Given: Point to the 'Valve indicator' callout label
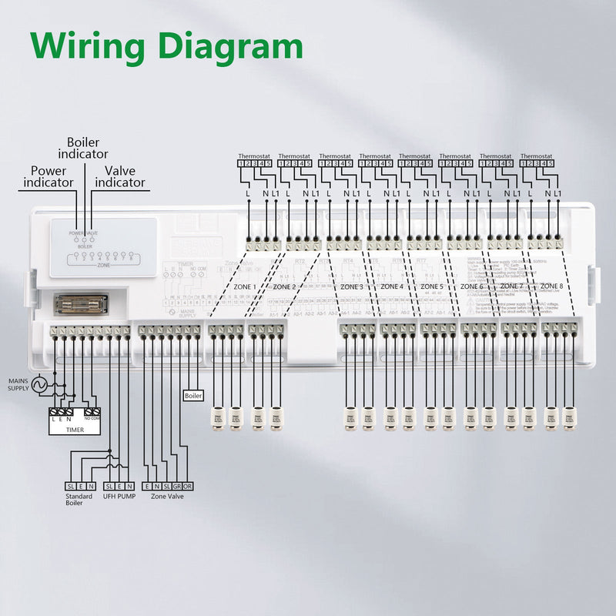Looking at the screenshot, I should click(x=119, y=176).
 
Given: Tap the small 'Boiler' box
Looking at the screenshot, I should click(x=193, y=396).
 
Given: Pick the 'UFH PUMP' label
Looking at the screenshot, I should click(x=119, y=497).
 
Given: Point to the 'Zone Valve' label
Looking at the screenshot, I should click(x=168, y=497).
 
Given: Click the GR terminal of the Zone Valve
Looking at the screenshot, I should click(x=177, y=486).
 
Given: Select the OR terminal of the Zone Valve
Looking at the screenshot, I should click(x=188, y=486).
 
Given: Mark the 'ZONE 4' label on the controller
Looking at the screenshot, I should click(x=391, y=286).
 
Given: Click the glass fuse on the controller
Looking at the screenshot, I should click(x=82, y=303).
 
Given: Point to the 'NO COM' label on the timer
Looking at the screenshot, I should click(x=92, y=418).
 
